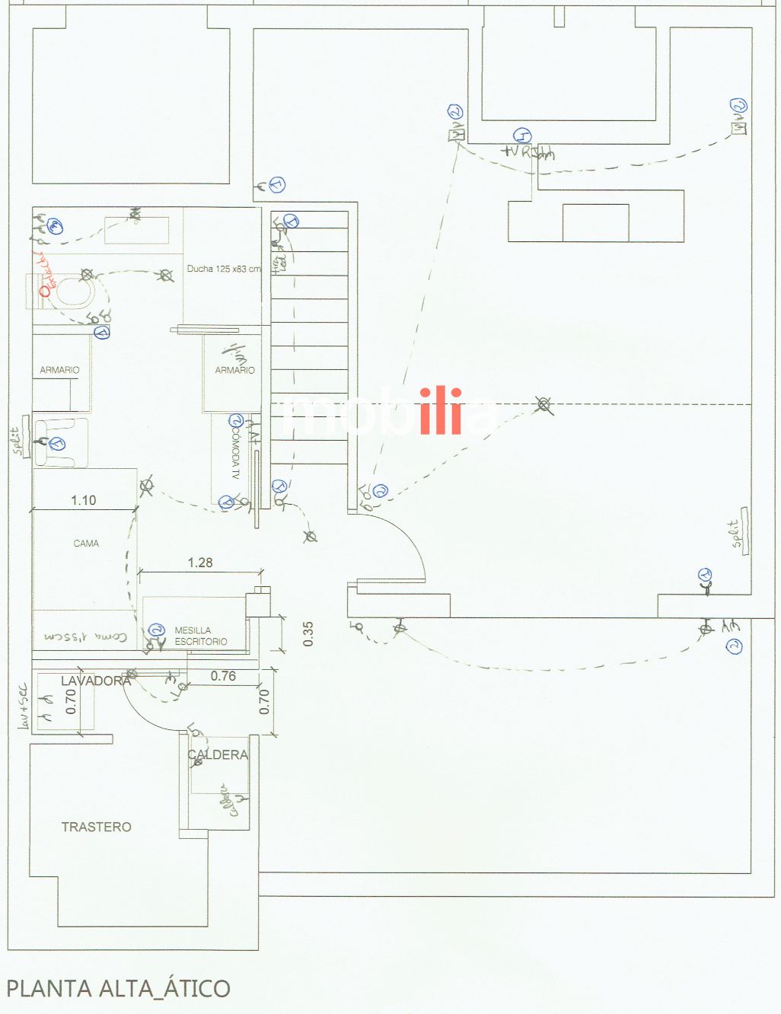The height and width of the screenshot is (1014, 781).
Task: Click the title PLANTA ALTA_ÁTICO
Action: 118,988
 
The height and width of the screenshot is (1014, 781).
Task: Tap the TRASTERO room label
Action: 96,827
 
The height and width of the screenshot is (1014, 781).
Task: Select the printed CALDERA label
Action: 218,754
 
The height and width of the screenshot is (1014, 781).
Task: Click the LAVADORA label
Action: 96,681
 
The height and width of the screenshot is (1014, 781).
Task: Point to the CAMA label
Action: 86,544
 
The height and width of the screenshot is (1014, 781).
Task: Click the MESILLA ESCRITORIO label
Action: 200,636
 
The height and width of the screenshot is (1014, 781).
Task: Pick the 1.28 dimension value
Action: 200,563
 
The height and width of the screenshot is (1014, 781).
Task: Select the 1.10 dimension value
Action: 84,500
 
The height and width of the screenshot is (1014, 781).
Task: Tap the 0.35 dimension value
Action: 308,634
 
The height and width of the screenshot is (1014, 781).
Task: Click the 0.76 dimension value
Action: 223,676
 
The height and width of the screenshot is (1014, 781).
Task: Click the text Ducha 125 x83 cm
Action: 224,269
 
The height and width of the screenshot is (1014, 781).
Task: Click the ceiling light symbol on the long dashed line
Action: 543,404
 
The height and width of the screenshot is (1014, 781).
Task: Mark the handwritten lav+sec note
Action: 22,706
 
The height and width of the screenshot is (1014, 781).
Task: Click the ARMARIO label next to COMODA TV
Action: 234,370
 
